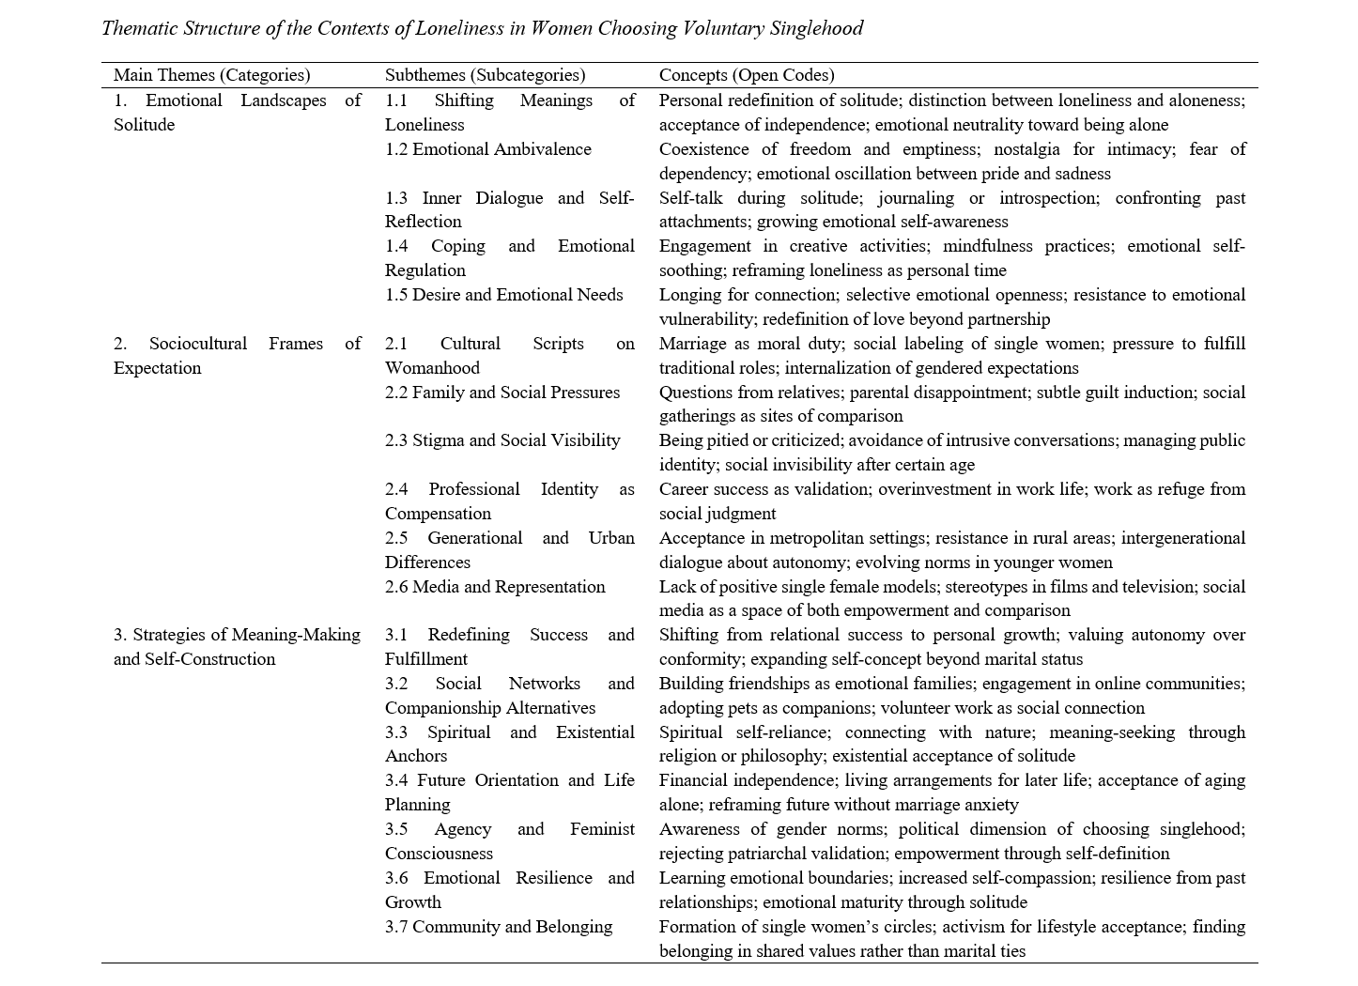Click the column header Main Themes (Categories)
(x=211, y=75)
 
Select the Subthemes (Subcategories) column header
(x=485, y=75)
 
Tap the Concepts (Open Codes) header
(x=746, y=75)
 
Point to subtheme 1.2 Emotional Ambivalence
(x=488, y=149)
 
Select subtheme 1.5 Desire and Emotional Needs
(x=503, y=295)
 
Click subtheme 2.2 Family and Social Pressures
(x=502, y=393)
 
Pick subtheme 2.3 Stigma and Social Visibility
(x=502, y=440)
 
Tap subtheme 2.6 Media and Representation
(x=495, y=587)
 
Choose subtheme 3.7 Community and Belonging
(x=498, y=927)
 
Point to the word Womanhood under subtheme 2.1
(x=432, y=368)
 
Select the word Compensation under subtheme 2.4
(x=438, y=514)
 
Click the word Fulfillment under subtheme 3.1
(x=426, y=659)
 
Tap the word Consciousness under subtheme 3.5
(x=439, y=854)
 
